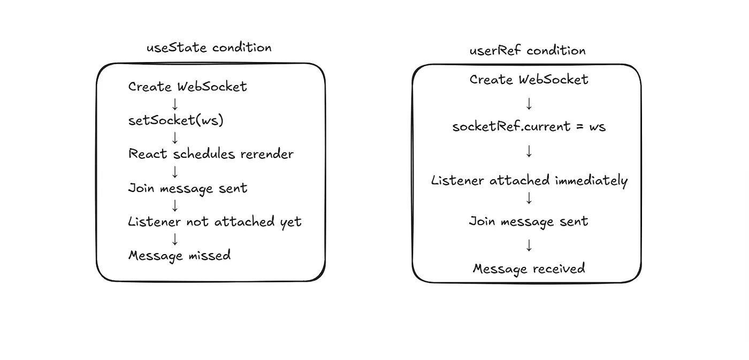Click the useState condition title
[209, 48]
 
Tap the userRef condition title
[528, 50]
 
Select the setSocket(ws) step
[176, 120]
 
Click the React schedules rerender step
[211, 154]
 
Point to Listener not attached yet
[215, 222]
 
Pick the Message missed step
[180, 256]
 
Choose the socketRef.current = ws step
[529, 126]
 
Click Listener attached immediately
[529, 181]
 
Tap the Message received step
[529, 269]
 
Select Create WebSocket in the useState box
[188, 87]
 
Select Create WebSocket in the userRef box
[529, 80]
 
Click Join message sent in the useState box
[188, 188]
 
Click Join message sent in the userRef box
[529, 221]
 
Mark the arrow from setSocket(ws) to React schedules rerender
[175, 137]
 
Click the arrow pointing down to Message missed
[175, 239]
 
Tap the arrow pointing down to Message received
[529, 246]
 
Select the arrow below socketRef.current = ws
[529, 151]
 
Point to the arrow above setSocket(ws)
[175, 104]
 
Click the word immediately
[592, 181]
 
